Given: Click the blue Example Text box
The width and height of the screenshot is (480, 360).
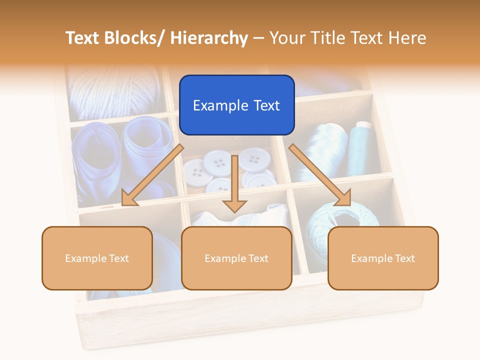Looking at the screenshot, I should (236, 105).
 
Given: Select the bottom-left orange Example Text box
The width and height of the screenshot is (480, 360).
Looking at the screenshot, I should (97, 258).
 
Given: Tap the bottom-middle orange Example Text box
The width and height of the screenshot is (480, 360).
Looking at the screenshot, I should (236, 258).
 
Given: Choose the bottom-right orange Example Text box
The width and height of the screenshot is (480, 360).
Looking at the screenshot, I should (383, 258).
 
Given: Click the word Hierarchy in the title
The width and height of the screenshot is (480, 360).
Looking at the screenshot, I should (209, 38).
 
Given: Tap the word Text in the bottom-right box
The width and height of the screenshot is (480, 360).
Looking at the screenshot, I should (404, 258).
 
